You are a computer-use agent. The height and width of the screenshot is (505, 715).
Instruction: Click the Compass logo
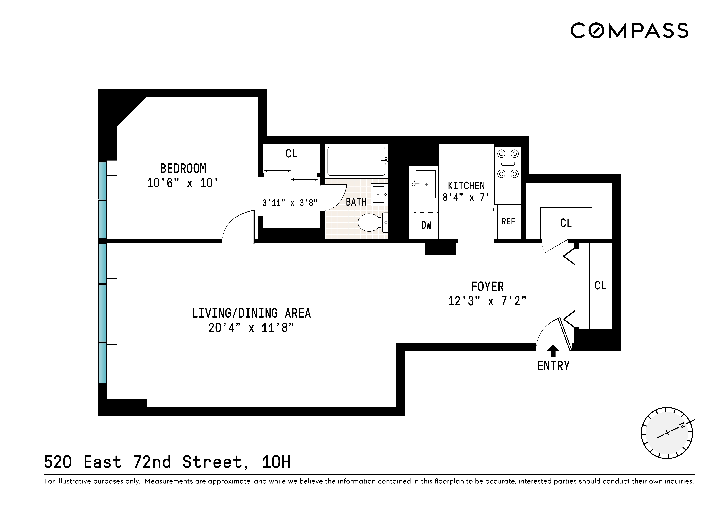click(629, 31)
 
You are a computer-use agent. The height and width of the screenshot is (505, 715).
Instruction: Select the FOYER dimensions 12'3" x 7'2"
click(487, 301)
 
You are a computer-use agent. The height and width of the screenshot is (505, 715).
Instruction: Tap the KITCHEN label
click(466, 186)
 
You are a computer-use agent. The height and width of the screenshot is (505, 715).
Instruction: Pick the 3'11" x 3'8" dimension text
click(290, 203)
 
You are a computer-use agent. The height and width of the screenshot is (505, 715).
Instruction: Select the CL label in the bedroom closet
click(291, 153)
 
